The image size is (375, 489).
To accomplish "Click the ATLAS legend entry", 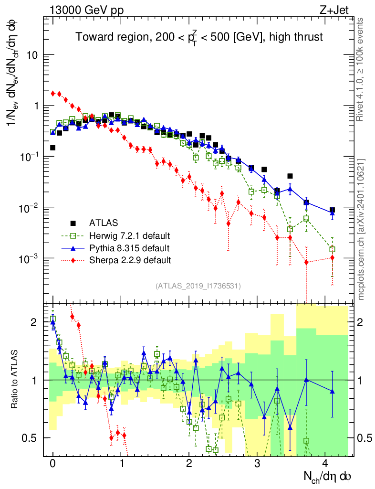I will coord(103,223).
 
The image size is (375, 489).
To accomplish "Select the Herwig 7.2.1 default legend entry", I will coord(130,235).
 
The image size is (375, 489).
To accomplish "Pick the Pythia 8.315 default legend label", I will coord(129,248).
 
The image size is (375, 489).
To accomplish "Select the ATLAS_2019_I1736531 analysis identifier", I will coord(198,286).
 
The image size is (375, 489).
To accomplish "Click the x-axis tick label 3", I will coord(258,463).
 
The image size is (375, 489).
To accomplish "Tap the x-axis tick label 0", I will coord(52,463).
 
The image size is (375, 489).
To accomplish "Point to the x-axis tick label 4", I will coord(326,463).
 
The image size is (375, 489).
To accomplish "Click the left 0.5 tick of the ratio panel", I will coord(32,437).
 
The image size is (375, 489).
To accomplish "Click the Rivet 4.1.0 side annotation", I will coord(361,69).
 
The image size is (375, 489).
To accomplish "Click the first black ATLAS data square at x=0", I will coord(52,148).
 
